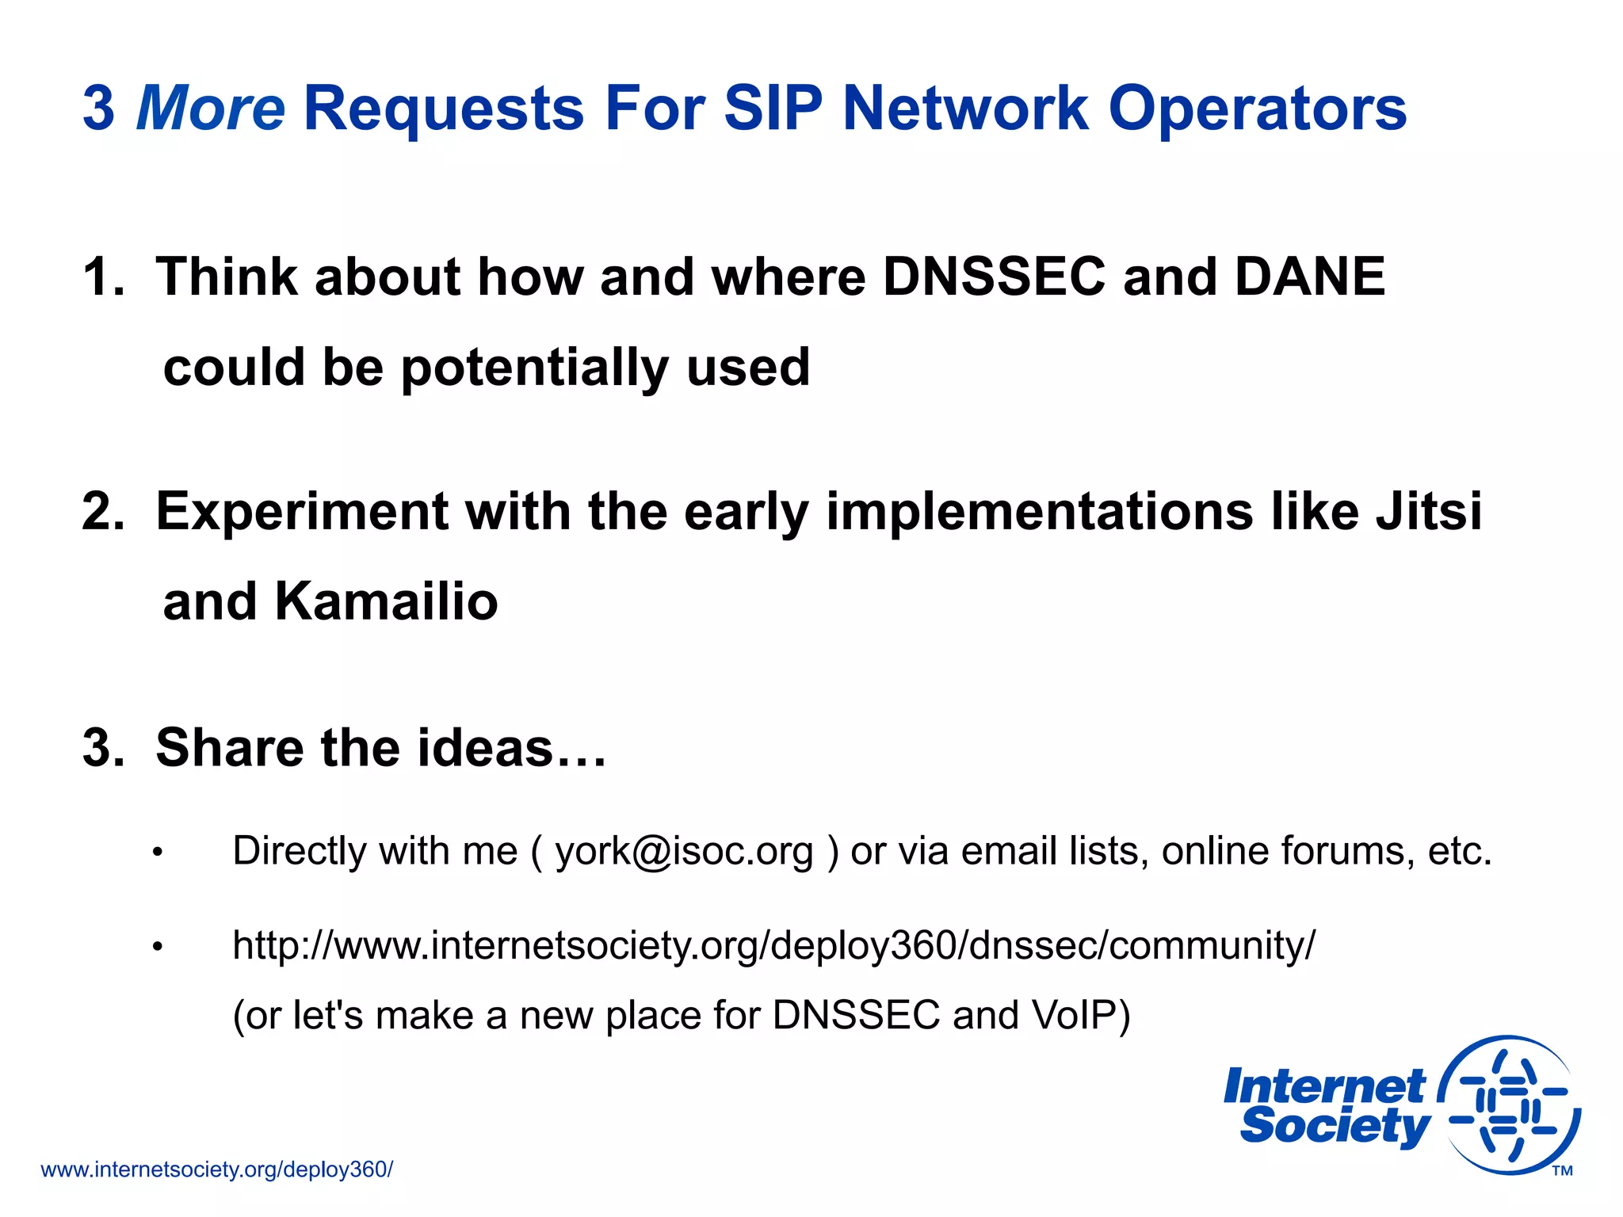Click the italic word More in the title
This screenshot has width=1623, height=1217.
coord(211,108)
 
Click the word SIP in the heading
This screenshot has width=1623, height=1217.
coord(773,108)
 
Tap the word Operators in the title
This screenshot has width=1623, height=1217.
coord(1257,108)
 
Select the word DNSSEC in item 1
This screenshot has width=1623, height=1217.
coord(994,277)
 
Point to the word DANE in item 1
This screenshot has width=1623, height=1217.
coord(1309,277)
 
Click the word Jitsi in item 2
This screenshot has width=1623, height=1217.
coord(1428,511)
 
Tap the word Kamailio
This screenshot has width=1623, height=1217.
coord(386,601)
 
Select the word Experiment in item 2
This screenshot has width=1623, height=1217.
coord(301,511)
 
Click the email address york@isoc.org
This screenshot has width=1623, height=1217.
coord(684,851)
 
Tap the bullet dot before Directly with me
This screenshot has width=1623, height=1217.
coord(158,853)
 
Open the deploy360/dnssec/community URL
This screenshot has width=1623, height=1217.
coord(773,945)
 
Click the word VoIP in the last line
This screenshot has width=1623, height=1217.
coord(1081,1015)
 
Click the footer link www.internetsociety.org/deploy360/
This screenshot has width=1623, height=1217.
coord(216,1169)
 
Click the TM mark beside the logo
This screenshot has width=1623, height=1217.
coord(1562,1171)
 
